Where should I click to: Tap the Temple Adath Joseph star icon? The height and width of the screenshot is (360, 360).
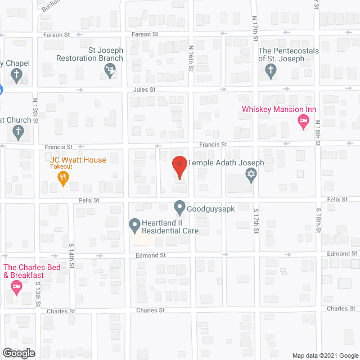[251, 177]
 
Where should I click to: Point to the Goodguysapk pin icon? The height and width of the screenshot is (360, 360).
[179, 208]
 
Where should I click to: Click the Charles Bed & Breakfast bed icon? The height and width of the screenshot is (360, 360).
[17, 288]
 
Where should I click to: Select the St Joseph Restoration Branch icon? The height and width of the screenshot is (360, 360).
[111, 70]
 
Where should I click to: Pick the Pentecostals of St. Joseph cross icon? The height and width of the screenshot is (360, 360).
[271, 70]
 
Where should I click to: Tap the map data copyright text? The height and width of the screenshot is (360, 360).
[325, 355]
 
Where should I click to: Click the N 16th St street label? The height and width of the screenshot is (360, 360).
[191, 58]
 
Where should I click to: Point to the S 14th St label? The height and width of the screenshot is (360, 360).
[71, 256]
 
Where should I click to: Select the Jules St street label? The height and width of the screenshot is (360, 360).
[144, 89]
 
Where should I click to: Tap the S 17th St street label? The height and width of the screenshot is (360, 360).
[255, 222]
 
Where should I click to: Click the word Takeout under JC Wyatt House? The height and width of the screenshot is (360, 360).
[61, 166]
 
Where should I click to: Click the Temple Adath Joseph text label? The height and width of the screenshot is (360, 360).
[225, 163]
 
